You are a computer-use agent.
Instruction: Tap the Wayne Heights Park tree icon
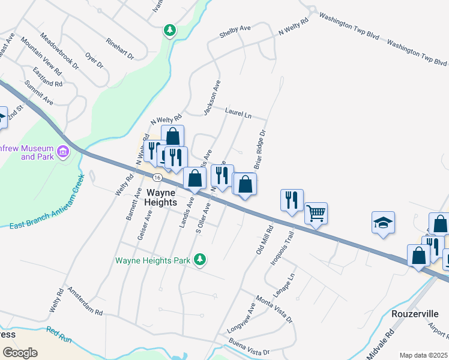[200, 260]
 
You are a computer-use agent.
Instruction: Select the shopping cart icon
[316, 212]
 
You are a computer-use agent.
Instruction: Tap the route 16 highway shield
[157, 178]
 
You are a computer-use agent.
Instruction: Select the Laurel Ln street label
[238, 112]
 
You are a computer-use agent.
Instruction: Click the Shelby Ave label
[235, 28]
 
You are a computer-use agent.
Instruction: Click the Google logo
[20, 353]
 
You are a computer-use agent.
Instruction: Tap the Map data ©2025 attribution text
[423, 355]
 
